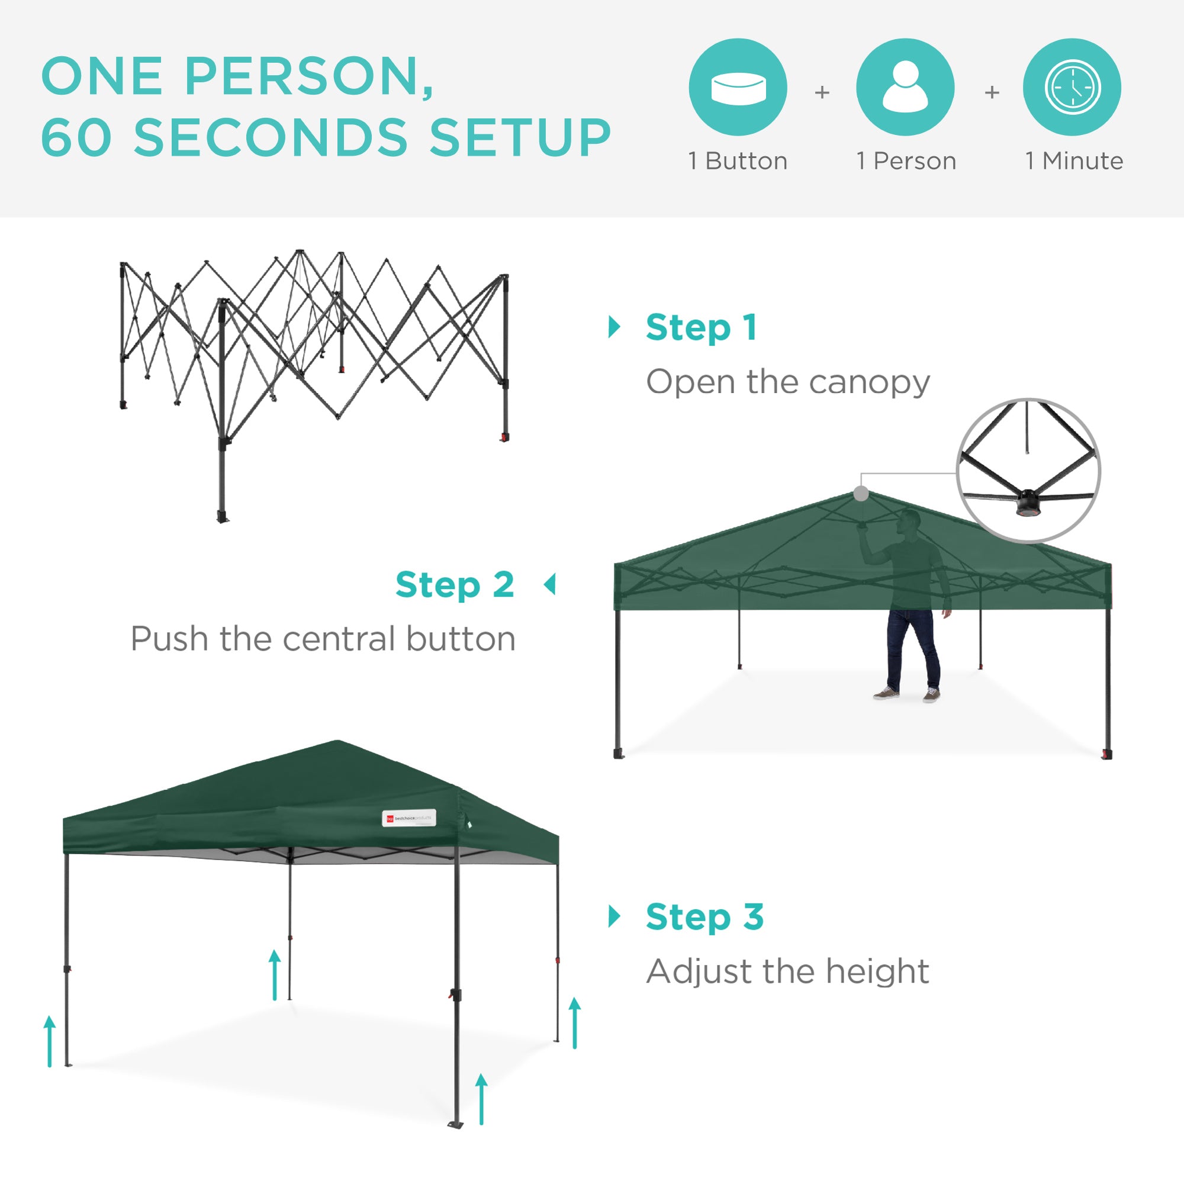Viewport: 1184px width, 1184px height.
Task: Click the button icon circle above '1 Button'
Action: (x=738, y=87)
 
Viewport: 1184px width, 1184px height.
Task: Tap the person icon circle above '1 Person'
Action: (x=905, y=87)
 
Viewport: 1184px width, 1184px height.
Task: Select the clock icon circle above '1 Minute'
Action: (x=1072, y=87)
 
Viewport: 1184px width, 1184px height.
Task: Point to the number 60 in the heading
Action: (x=77, y=137)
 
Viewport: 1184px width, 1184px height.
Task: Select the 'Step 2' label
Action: (x=455, y=585)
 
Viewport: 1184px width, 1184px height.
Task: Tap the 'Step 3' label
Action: (x=704, y=917)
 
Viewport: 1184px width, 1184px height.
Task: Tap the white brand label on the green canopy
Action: (x=408, y=818)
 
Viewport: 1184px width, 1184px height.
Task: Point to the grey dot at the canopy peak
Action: (x=861, y=493)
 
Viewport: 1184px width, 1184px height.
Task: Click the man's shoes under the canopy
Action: (x=907, y=694)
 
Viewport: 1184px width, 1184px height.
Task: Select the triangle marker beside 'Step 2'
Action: (x=550, y=585)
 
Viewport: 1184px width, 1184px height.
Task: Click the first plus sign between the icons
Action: (x=822, y=92)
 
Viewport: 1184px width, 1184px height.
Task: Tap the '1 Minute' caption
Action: (x=1074, y=161)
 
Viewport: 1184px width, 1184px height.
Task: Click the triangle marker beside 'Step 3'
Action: (x=613, y=916)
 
